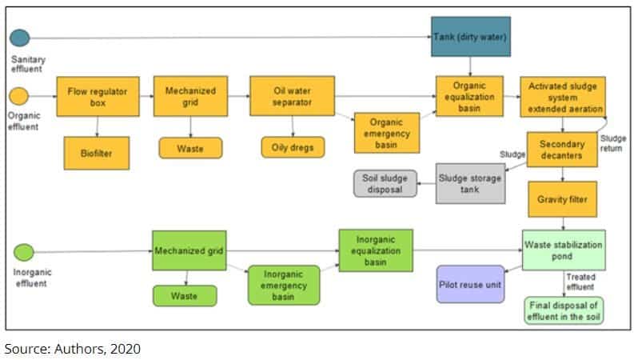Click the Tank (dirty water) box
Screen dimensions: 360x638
pos(470,38)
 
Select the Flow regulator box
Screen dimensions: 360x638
pos(98,97)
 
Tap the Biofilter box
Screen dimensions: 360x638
pos(98,151)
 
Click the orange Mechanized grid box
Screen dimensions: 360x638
pos(190,97)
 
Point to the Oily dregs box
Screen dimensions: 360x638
pos(291,147)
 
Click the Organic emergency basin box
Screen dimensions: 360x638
pos(387,131)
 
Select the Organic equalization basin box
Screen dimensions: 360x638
pos(469,97)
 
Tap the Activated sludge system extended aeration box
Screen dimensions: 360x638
pos(562,97)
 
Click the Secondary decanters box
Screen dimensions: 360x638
pos(562,150)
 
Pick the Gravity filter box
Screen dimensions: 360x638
pos(562,199)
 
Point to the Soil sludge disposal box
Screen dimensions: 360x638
pos(385,183)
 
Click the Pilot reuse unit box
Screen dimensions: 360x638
pos(471,284)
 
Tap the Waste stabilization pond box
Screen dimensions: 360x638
pos(562,250)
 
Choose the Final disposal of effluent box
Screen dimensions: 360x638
pos(563,310)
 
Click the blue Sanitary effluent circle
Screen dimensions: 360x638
pos(19,38)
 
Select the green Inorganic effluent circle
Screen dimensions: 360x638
pos(23,253)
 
